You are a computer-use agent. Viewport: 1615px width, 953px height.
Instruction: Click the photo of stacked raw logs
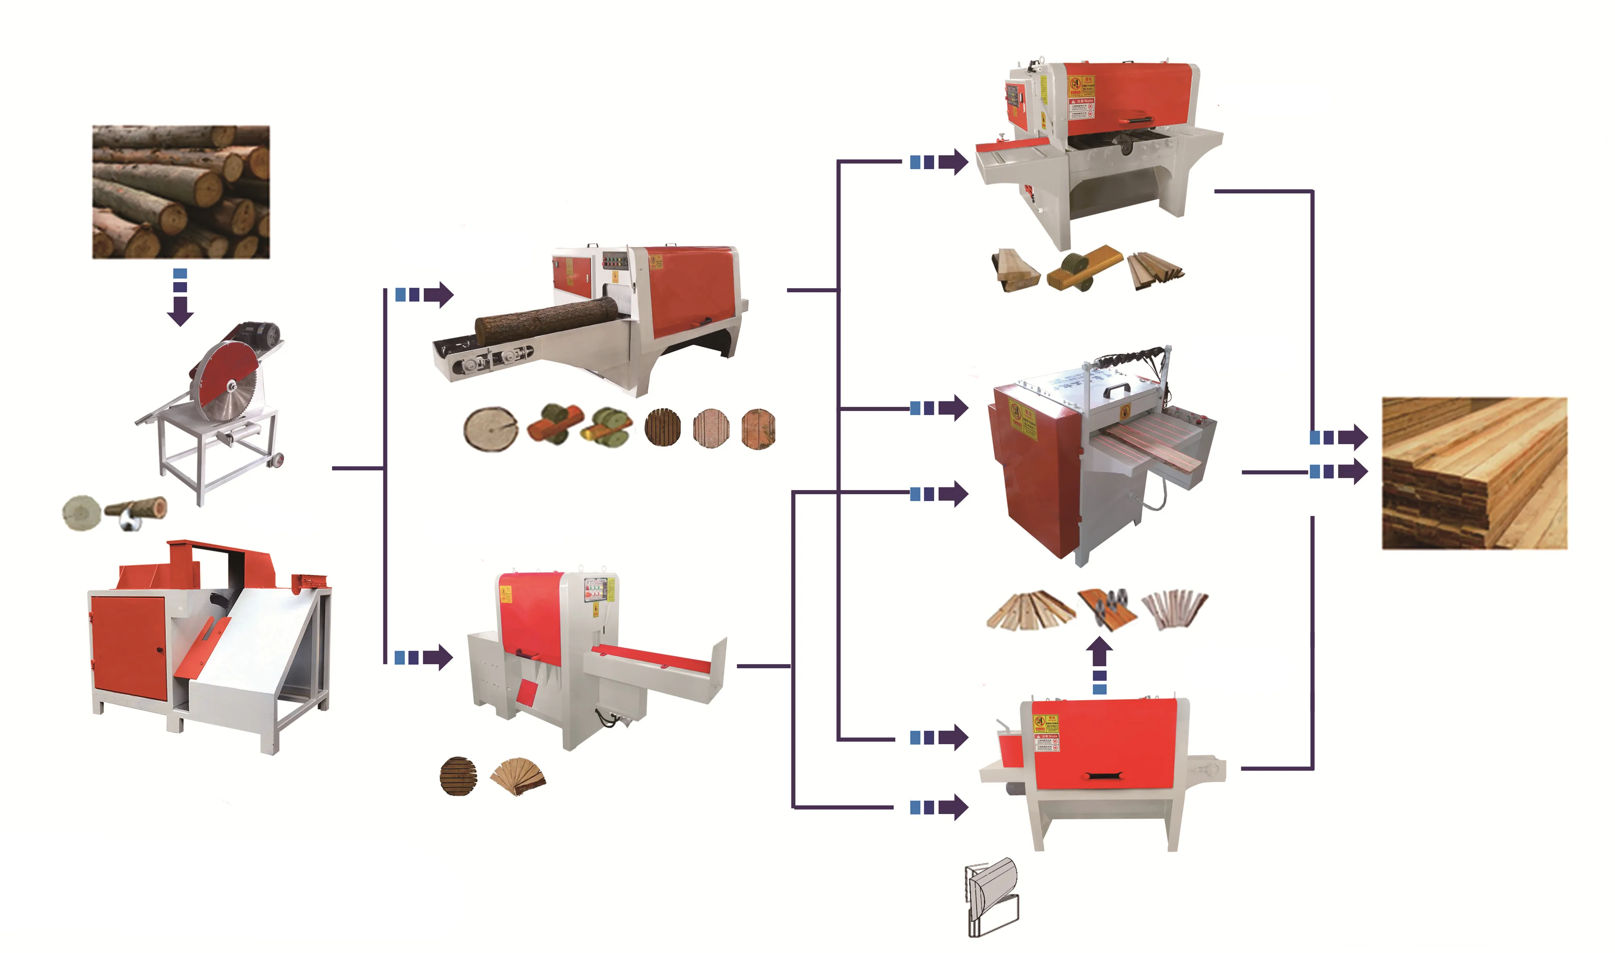[x=181, y=191]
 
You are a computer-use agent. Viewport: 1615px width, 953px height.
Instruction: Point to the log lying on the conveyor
[x=546, y=319]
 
